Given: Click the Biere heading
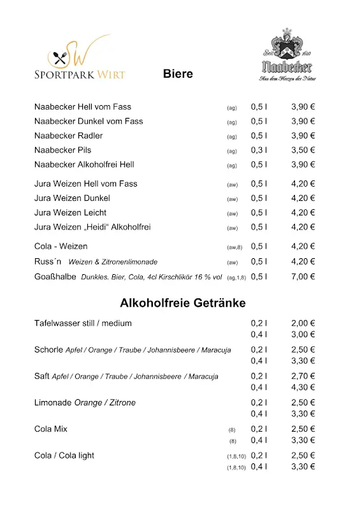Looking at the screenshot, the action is coord(178,74).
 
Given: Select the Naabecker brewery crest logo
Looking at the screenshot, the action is coord(287,54).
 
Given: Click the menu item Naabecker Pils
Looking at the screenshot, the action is coord(62,150).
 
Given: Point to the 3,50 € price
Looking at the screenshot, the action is coord(303,150).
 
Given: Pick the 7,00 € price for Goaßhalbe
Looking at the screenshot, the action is coord(303,277).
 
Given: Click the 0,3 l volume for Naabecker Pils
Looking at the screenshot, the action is coord(259,150).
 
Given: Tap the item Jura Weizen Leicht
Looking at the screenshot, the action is coord(70,212).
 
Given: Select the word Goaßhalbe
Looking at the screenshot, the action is coord(55,277).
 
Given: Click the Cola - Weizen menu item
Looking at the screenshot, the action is coord(61,246).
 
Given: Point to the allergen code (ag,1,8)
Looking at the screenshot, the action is coord(236,277).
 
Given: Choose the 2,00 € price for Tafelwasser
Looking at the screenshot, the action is coord(303,323).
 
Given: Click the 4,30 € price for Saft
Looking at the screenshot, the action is coord(303,387).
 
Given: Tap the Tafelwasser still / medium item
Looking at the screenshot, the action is coord(83,323).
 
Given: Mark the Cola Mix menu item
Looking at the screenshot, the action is coord(51,429).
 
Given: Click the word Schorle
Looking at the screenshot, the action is coord(48,349).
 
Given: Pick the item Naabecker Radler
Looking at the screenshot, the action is coord(68,136).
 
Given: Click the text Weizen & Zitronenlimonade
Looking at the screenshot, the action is coord(113,262).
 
